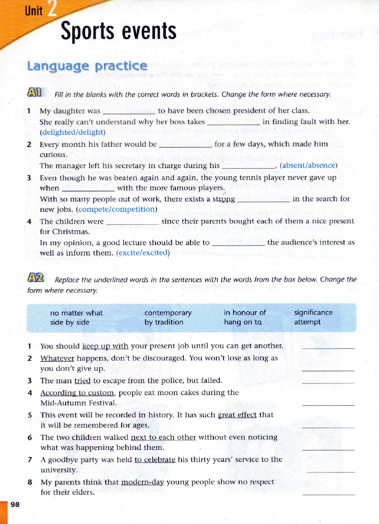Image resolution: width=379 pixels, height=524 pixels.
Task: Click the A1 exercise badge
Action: point(34,92)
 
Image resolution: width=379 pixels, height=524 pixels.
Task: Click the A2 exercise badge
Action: point(36,277)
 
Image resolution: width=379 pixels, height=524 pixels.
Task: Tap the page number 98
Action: point(15,504)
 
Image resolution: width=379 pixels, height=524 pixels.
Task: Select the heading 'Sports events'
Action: point(118,31)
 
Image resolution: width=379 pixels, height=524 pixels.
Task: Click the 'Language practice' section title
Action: point(87,66)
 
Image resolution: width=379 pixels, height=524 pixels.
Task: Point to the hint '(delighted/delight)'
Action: point(73,132)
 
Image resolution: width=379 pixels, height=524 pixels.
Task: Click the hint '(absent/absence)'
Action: point(308,165)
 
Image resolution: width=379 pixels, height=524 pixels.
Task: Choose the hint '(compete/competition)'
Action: point(117,209)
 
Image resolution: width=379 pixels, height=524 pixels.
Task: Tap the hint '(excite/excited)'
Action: point(143,253)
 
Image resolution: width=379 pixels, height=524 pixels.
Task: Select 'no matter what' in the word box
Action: point(76,313)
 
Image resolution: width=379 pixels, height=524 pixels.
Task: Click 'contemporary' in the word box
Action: point(168,313)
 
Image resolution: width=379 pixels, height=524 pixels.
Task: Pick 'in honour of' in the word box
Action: point(245,313)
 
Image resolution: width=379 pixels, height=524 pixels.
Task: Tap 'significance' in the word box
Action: point(313,313)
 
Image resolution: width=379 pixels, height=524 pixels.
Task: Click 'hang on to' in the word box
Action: point(243,322)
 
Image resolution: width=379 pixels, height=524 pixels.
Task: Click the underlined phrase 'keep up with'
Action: point(105,346)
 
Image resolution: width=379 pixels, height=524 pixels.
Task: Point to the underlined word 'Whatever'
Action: point(57,358)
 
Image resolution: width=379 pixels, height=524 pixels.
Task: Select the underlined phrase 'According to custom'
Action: point(77,393)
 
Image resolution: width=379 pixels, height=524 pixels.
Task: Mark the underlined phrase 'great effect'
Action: point(237,415)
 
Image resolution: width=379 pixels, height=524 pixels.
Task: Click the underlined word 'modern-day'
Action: point(142,482)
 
